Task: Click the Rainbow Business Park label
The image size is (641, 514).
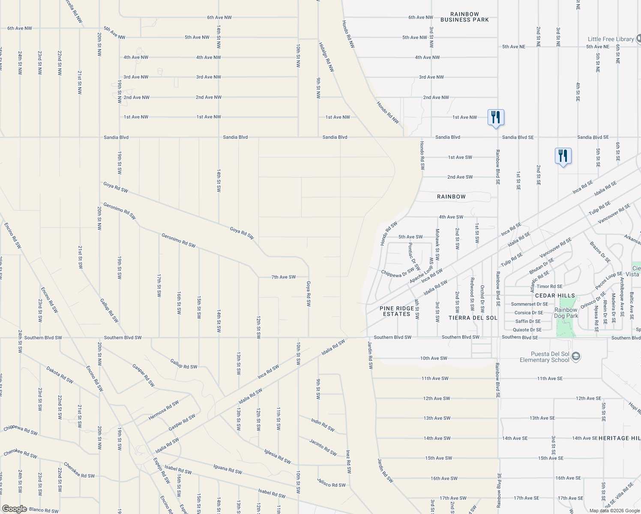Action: coord(464,17)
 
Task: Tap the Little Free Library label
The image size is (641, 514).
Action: coord(611,39)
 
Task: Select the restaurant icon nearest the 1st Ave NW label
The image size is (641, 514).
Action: coord(496,117)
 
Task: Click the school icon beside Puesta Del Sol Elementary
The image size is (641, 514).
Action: coord(576,356)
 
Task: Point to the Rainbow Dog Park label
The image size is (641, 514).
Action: coord(566,313)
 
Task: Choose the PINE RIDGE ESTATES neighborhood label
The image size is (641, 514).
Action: coord(397,311)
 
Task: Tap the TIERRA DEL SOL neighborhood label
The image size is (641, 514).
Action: coord(473,318)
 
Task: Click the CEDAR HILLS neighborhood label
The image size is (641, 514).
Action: coord(555,296)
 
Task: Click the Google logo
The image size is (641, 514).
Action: coord(14,508)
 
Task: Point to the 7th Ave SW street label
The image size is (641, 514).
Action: coord(283,277)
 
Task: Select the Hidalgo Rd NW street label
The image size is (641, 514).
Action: coord(326,57)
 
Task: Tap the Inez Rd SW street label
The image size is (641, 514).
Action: coord(349,461)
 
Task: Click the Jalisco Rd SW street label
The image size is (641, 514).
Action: coord(331,482)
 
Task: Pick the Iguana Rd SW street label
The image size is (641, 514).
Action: coord(228,469)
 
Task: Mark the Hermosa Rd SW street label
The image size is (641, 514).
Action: coord(163,410)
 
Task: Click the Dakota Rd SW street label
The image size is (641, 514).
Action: coord(60,375)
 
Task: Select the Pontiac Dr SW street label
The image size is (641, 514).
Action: coord(414,256)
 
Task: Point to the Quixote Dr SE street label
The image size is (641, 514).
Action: coord(527,330)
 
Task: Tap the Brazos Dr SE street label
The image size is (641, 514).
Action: coord(600,252)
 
